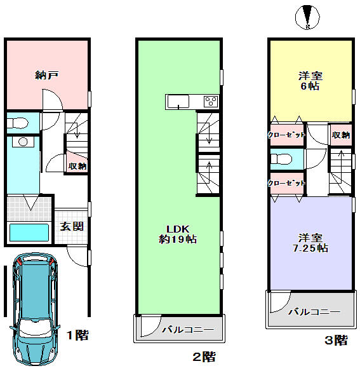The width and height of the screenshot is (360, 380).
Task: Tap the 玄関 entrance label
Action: click(71, 226)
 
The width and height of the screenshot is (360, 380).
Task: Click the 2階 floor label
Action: click(204, 357)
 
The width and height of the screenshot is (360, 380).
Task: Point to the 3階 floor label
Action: click(336, 341)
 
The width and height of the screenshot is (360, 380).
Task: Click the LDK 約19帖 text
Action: click(178, 234)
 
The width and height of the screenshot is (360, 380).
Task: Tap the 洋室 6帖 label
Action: click(310, 81)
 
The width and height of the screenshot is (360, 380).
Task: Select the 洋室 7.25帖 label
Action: click(310, 241)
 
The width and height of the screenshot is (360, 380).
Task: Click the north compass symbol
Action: click(308, 17)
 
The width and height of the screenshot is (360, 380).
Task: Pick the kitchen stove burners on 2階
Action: click(210, 102)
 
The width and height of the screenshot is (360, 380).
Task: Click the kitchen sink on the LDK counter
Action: click(176, 102)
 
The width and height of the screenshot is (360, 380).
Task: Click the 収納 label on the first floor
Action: click(77, 165)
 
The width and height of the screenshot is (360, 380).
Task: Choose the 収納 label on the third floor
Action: click(340, 135)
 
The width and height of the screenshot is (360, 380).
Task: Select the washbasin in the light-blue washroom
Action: click(24, 142)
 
